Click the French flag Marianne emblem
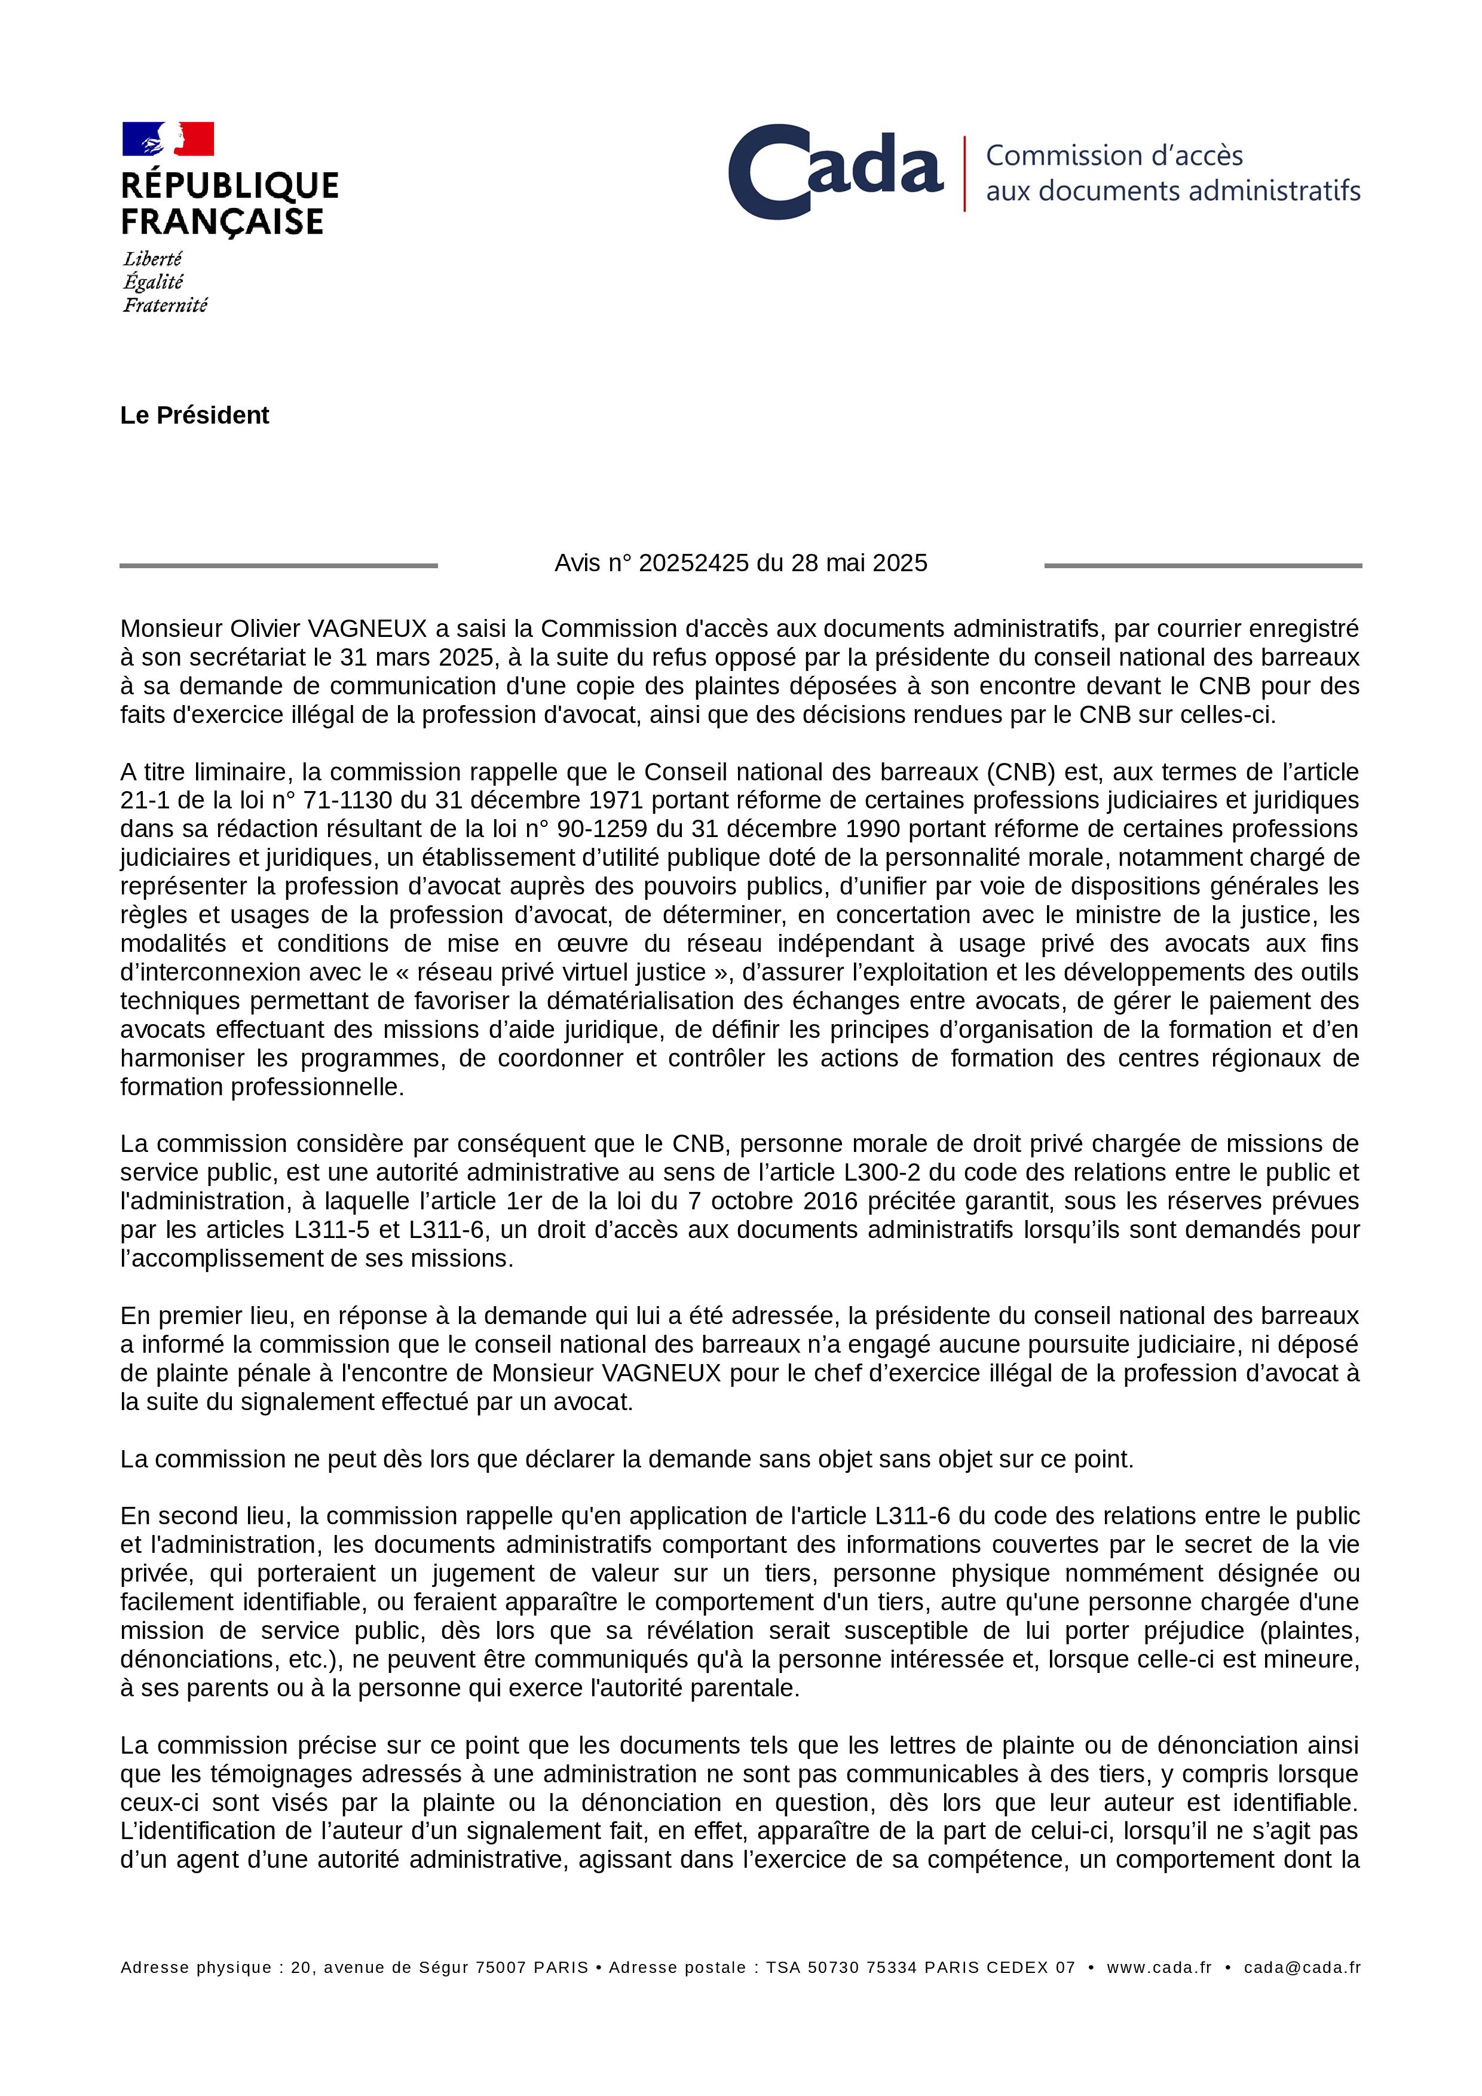tap(168, 139)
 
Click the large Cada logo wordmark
tap(835, 171)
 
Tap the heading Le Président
tap(194, 415)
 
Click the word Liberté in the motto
tap(152, 259)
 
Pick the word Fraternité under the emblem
tap(166, 305)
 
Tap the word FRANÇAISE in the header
tap(222, 222)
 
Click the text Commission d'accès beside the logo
tap(1114, 155)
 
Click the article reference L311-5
tap(332, 1230)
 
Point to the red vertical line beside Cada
tap(964, 173)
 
